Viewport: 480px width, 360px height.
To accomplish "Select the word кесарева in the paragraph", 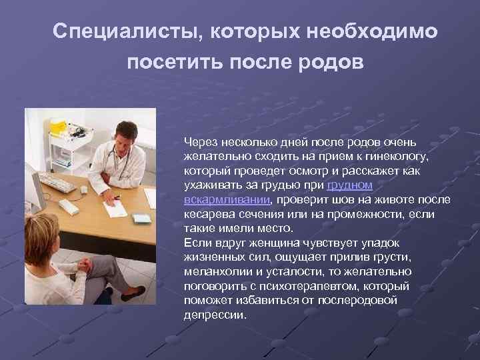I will pos(205,214).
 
